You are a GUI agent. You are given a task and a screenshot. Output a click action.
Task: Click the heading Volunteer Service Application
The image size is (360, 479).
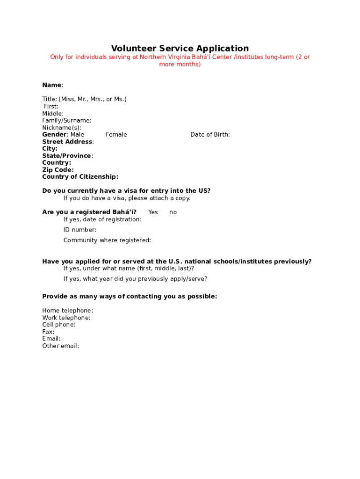coord(180,48)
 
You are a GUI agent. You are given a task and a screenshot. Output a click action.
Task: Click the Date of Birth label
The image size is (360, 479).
coord(210,135)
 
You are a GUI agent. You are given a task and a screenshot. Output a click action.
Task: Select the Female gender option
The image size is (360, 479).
coord(116,135)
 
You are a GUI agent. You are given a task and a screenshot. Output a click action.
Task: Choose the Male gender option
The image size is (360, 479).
coord(77,135)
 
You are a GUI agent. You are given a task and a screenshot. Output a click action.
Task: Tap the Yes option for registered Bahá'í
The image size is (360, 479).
coord(153,212)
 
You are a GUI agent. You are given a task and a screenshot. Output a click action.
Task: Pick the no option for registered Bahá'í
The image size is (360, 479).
coord(173,212)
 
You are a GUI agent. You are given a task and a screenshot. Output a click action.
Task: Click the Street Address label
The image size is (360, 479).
coord(68,142)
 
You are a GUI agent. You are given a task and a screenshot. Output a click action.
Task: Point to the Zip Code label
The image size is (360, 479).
coord(58,170)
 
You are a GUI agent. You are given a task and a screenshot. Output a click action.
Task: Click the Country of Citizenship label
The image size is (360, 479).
coord(80,177)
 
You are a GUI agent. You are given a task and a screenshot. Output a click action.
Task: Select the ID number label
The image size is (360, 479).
coord(80,230)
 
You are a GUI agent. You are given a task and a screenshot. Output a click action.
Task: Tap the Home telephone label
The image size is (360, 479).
coord(67,311)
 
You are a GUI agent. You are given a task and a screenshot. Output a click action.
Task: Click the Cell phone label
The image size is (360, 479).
coord(59,325)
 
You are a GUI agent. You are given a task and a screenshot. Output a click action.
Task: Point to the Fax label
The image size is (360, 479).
coord(48,332)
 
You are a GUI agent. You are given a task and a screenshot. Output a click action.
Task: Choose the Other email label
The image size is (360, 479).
coord(60,346)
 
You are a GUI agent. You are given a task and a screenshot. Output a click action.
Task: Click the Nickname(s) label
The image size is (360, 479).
coord(62,128)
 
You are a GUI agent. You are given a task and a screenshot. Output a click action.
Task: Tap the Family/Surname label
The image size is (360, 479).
coord(67,121)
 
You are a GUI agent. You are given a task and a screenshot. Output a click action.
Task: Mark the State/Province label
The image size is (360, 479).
coord(67,156)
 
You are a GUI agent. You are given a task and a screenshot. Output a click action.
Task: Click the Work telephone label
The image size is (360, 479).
coord(66,318)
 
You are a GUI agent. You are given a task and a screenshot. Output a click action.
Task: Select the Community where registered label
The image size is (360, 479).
coord(107,240)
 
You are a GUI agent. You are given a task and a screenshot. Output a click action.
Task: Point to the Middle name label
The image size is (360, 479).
coord(53,114)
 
